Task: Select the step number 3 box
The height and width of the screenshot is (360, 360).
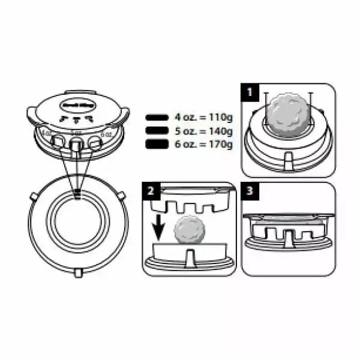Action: [249, 192]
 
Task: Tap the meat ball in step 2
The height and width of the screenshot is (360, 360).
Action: [190, 231]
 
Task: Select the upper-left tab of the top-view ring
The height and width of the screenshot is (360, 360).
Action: [33, 196]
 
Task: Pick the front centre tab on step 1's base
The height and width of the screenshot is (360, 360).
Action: [286, 160]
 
